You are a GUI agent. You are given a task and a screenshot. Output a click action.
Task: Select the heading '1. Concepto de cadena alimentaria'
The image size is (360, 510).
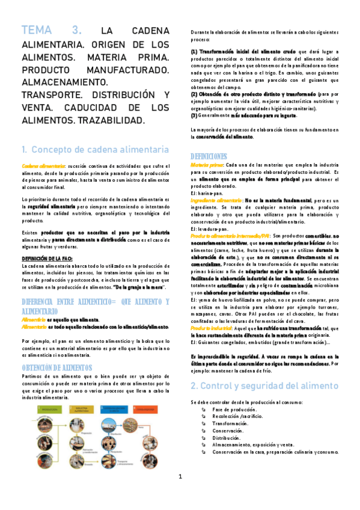(95, 150)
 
